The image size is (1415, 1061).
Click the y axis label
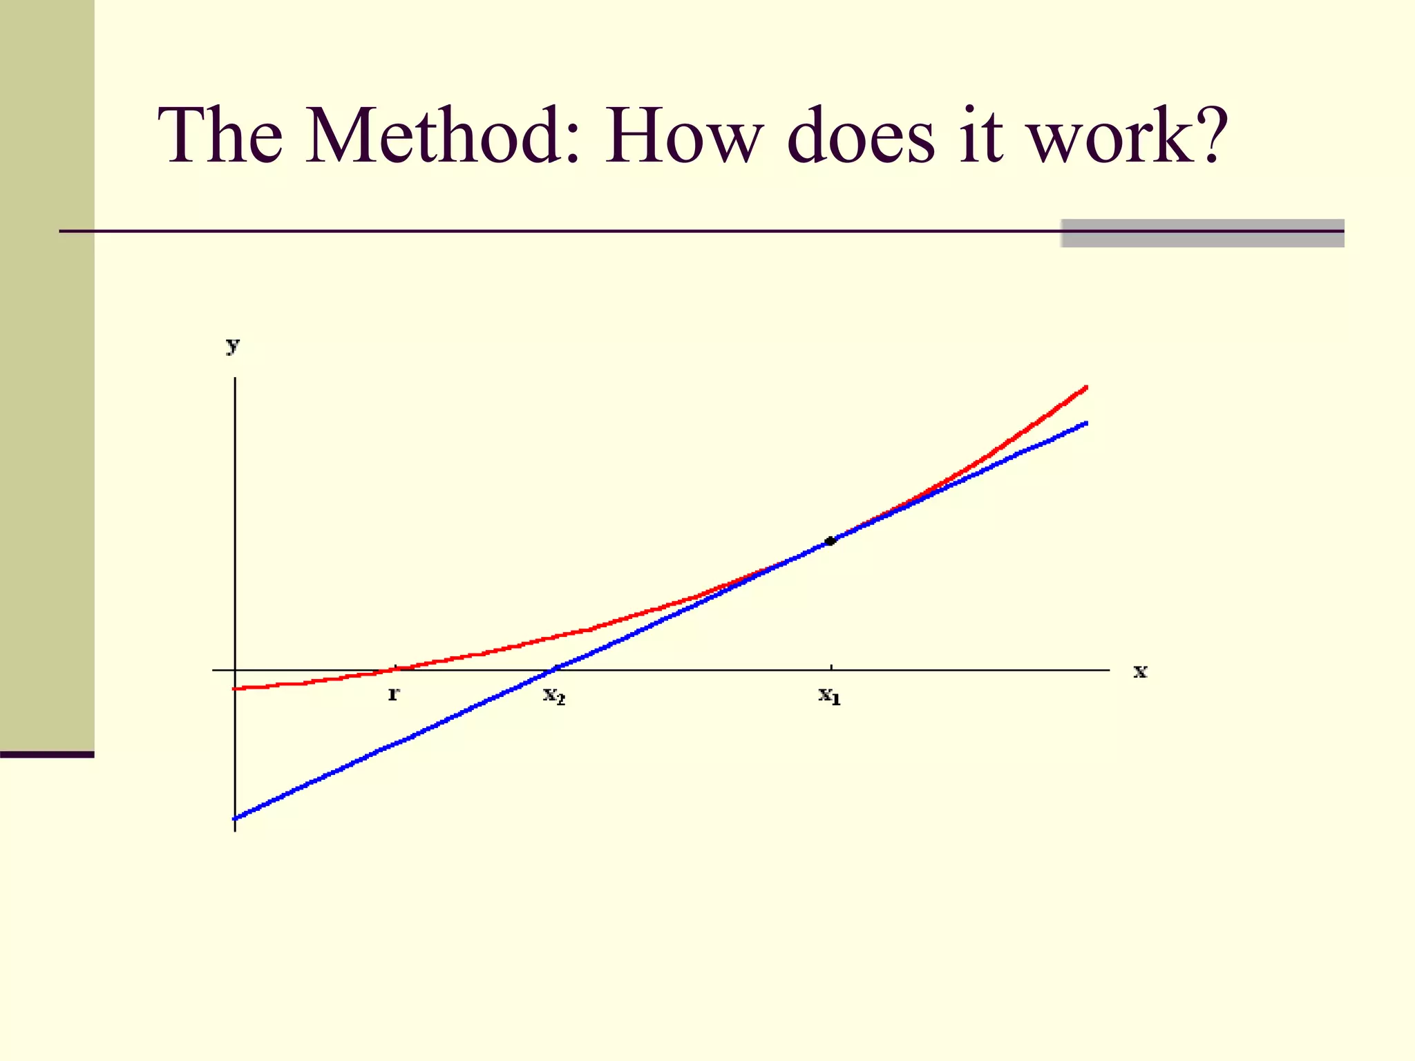(233, 345)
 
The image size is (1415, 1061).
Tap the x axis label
(1140, 671)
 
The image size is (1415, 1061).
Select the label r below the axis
(393, 694)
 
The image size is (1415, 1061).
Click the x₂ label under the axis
(554, 695)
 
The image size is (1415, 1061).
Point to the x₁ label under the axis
(830, 695)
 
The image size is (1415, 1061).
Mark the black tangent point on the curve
(830, 541)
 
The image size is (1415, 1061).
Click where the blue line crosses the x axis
(554, 669)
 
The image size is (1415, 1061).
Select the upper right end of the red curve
(1086, 388)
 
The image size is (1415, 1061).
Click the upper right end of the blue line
(1086, 423)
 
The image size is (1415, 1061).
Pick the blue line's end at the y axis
(236, 818)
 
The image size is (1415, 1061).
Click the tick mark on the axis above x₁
(831, 667)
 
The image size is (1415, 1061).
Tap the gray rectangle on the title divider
(1202, 233)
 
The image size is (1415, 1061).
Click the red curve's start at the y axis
(236, 688)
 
